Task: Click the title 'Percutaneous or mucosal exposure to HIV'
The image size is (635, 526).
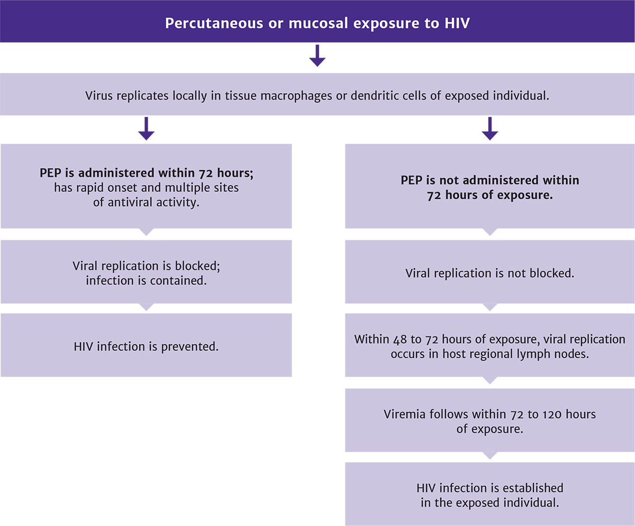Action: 317,24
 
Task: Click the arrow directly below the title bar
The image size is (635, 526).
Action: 317,56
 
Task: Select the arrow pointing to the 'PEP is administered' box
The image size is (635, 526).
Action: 146,128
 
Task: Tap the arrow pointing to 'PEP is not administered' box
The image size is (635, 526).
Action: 490,128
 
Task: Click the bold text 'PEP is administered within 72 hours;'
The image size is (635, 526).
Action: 146,173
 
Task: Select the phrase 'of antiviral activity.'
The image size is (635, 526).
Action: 146,202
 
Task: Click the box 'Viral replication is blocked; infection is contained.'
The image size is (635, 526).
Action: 146,272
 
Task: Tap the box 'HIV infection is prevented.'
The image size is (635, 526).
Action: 146,347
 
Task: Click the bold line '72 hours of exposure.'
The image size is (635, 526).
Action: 489,194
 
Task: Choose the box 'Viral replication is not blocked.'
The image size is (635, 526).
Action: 489,273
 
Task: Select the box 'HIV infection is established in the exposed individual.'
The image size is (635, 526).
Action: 489,495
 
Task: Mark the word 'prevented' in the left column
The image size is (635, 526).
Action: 193,347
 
